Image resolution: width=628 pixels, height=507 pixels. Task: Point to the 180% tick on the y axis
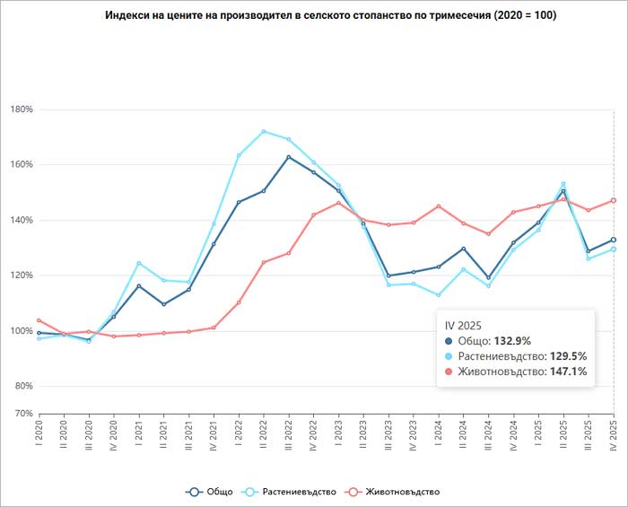(20, 109)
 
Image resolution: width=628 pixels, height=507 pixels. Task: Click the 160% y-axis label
(20, 165)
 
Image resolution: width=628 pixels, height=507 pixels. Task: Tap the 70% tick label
(22, 414)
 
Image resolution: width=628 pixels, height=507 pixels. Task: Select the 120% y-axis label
(20, 275)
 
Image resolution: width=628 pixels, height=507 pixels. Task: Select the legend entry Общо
(210, 491)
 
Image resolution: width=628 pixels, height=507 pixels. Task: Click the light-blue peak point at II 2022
(264, 132)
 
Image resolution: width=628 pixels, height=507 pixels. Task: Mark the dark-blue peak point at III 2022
(289, 157)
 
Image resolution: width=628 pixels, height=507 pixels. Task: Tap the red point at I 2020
(39, 320)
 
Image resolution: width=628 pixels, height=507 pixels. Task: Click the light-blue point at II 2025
(563, 184)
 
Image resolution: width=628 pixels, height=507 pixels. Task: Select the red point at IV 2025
(614, 200)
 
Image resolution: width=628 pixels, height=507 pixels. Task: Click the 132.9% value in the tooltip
(512, 341)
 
